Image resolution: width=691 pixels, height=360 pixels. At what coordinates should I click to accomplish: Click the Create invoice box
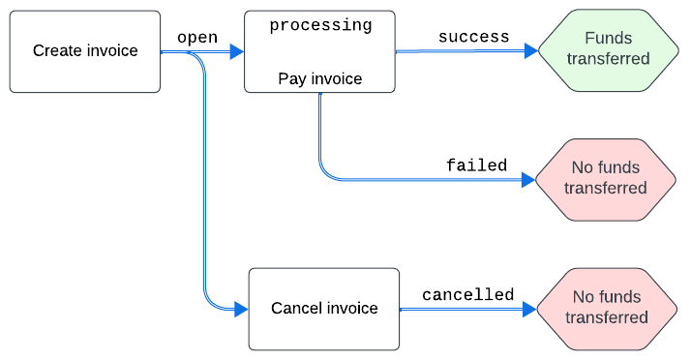pos(85,51)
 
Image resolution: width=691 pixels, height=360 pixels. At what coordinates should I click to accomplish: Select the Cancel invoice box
pos(324,309)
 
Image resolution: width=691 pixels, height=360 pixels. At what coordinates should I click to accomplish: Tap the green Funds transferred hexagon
pos(609,50)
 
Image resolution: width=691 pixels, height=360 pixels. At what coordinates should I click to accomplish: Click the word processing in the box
pos(321,25)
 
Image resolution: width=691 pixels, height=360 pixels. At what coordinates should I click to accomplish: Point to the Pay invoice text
pos(320,79)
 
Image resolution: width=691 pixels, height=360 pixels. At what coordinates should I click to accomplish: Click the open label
pos(197,38)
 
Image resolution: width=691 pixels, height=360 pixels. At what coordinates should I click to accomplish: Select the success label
pos(474,37)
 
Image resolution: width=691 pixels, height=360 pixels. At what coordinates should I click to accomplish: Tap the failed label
pos(477,165)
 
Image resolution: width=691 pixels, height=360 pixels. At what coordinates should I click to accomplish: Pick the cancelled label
pos(468,295)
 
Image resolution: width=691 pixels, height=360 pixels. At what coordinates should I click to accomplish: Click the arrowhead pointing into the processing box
pos(237,51)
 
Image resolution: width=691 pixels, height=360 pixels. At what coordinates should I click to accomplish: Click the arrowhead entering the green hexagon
pos(531,50)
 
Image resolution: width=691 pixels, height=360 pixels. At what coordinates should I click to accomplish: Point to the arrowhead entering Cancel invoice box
pos(242,310)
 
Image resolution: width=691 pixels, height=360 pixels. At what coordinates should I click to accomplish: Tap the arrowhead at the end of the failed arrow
pos(528,180)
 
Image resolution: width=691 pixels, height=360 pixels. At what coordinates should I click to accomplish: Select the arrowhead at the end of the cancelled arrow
pos(529,310)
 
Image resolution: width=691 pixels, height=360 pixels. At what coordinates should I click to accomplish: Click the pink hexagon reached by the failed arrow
pos(606,180)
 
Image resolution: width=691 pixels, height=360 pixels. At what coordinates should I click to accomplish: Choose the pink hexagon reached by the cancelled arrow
pos(607,310)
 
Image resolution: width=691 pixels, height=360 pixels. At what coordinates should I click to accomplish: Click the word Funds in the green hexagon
pos(609,39)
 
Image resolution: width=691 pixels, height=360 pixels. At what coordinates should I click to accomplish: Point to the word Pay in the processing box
pos(290,79)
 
